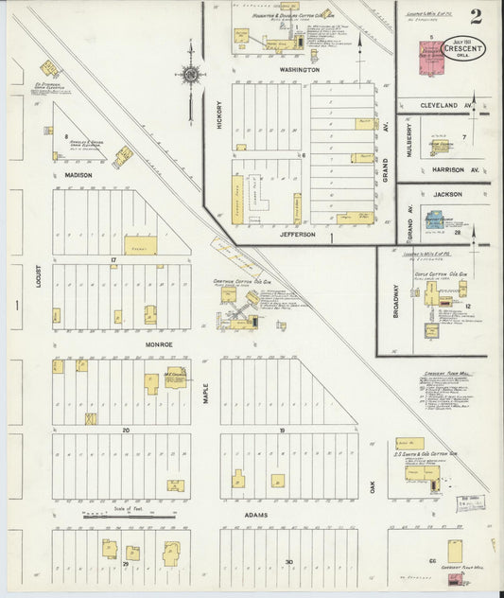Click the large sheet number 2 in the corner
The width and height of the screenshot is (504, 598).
473,17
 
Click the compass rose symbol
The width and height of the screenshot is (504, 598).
190,75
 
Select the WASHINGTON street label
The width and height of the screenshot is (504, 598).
299,70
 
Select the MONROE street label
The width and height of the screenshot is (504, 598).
158,345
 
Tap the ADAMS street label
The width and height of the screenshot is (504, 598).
253,516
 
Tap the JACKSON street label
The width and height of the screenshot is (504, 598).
447,194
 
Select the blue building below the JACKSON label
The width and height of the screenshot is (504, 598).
437,220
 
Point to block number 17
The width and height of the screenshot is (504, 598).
113,258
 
